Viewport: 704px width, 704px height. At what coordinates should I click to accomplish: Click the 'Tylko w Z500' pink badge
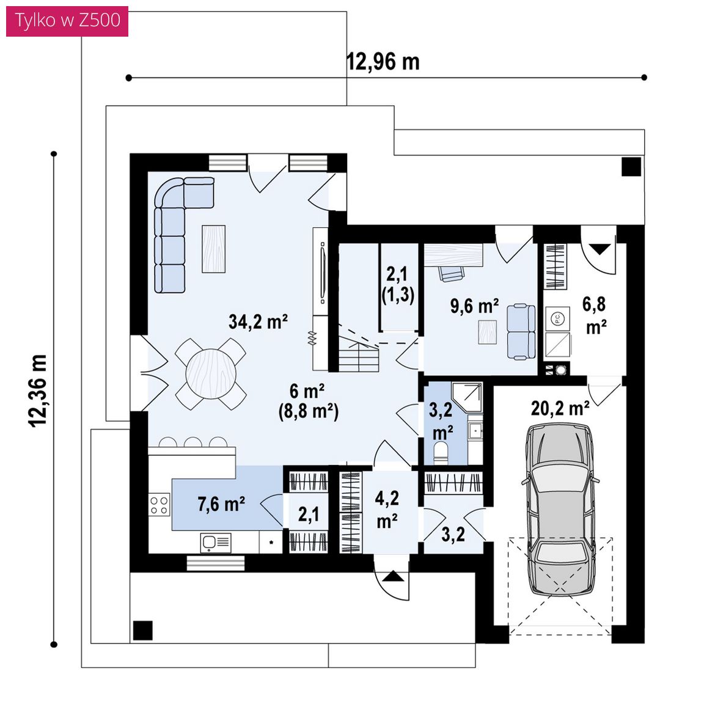[x=67, y=21]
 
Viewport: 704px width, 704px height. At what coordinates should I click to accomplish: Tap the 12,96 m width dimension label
[x=383, y=62]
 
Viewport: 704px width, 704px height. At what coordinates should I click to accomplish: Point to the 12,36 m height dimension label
[x=38, y=391]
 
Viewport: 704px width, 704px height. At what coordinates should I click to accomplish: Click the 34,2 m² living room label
[x=258, y=321]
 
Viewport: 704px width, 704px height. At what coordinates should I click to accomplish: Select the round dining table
[x=211, y=373]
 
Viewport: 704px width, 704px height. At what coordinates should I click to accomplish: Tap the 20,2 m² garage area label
[x=560, y=409]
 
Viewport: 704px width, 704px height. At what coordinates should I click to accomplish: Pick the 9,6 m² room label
[x=475, y=306]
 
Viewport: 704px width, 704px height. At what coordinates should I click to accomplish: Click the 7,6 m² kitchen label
[x=221, y=504]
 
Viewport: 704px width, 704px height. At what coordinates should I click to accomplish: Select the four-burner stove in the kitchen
[x=159, y=505]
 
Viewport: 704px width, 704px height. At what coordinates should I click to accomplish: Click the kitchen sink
[x=216, y=543]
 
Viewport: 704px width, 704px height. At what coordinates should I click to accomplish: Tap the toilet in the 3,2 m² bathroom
[x=441, y=453]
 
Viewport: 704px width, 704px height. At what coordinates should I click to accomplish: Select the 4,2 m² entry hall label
[x=387, y=510]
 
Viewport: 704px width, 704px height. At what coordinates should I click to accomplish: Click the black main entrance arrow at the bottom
[x=394, y=576]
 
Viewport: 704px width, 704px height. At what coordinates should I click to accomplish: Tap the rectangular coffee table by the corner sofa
[x=214, y=249]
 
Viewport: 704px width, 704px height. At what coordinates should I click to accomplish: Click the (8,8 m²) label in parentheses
[x=309, y=411]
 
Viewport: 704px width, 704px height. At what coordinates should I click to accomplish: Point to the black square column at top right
[x=631, y=167]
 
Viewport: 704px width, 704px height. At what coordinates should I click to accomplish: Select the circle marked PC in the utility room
[x=557, y=319]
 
